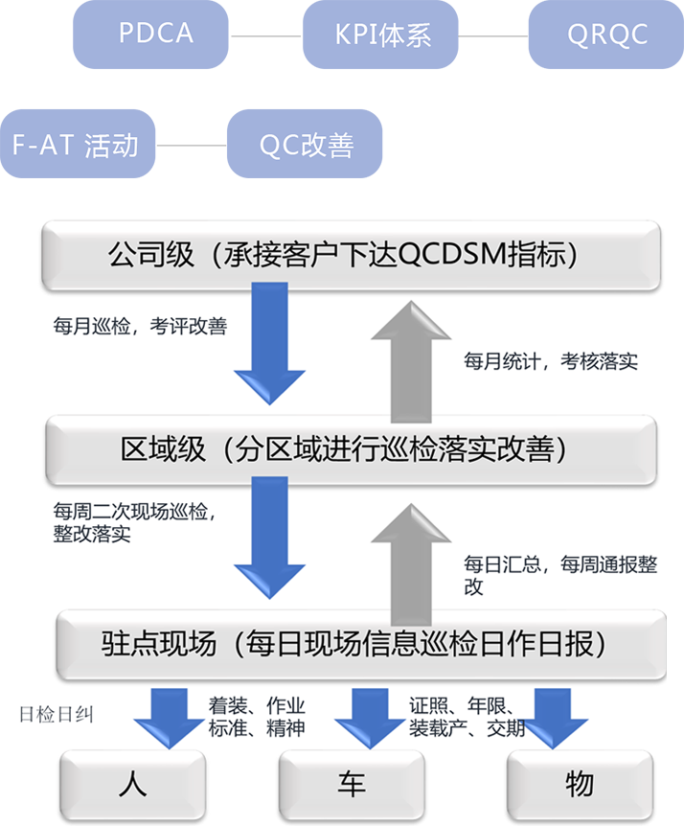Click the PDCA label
coord(155,34)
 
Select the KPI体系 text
coord(382,35)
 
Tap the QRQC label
coord(607,35)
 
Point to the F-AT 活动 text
coord(75,146)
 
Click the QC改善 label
coord(307,146)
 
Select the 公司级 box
coord(352,254)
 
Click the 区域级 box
coord(352,448)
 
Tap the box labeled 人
coord(133,785)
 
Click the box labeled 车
coord(351,785)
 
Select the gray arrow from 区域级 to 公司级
coord(410,359)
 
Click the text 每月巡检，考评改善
coord(140,326)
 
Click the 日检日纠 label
coord(57,715)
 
